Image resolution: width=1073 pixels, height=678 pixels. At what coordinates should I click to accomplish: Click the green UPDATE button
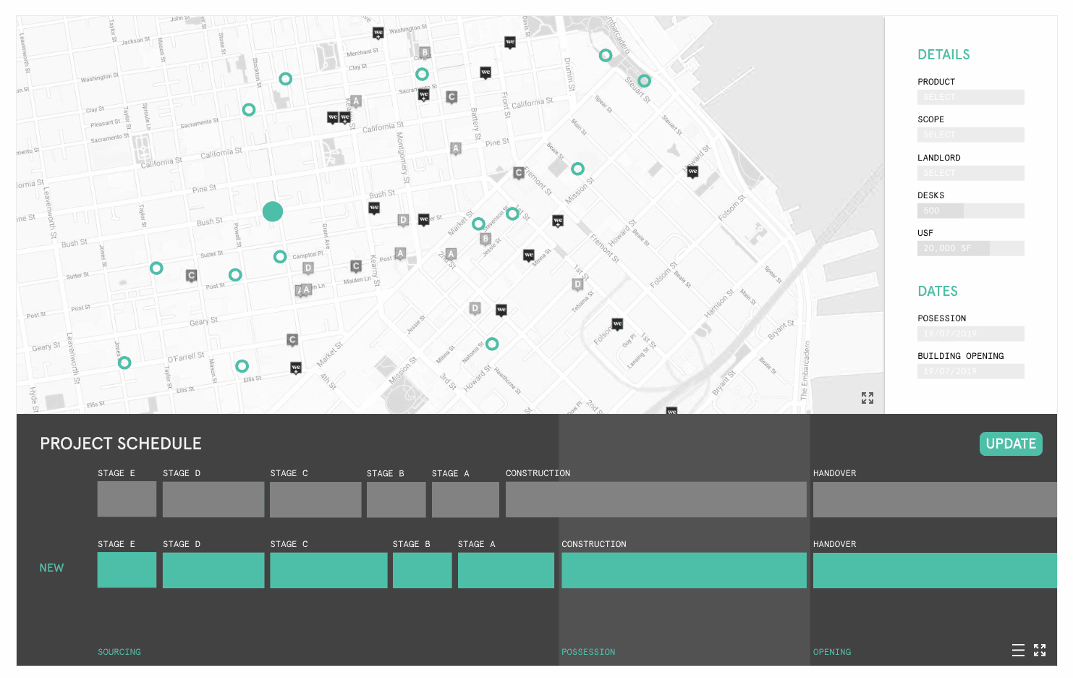pyautogui.click(x=1010, y=444)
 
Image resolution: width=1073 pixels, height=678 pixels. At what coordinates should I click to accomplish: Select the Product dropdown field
pyautogui.click(x=970, y=97)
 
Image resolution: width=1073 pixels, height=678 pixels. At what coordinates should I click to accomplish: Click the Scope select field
pyautogui.click(x=970, y=135)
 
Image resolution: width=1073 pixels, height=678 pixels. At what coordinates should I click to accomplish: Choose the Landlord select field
pyautogui.click(x=970, y=173)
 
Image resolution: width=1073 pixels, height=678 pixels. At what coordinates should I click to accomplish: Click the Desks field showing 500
pyautogui.click(x=970, y=211)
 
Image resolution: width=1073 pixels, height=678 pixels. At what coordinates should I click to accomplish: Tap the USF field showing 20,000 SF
pyautogui.click(x=970, y=248)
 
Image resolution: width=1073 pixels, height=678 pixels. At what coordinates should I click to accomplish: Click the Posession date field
pyautogui.click(x=970, y=334)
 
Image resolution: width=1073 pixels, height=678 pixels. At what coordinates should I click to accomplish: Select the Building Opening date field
pyautogui.click(x=970, y=371)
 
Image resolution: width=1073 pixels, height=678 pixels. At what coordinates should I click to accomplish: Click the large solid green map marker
pyautogui.click(x=273, y=211)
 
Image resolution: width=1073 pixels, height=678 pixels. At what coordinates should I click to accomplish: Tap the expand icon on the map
pyautogui.click(x=868, y=398)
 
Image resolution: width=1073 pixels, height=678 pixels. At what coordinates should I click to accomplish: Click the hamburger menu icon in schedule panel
pyautogui.click(x=1018, y=650)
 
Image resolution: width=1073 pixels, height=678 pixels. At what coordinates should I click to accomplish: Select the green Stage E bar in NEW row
pyautogui.click(x=127, y=570)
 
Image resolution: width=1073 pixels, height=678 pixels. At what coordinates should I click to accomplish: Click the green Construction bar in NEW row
pyautogui.click(x=684, y=570)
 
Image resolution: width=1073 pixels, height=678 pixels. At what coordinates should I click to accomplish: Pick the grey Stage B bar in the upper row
pyautogui.click(x=396, y=499)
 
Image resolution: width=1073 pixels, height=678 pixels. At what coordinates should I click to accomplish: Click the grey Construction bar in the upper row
pyautogui.click(x=656, y=499)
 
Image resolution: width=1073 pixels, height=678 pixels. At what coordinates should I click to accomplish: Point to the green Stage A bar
pyautogui.click(x=506, y=570)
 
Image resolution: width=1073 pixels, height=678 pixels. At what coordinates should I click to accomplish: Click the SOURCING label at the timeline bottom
pyautogui.click(x=119, y=652)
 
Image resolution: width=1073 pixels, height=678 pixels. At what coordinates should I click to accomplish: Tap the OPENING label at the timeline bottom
pyautogui.click(x=832, y=652)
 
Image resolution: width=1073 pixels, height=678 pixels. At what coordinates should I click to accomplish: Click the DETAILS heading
pyautogui.click(x=943, y=55)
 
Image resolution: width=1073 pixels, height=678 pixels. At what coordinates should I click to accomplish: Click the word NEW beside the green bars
pyautogui.click(x=51, y=568)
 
